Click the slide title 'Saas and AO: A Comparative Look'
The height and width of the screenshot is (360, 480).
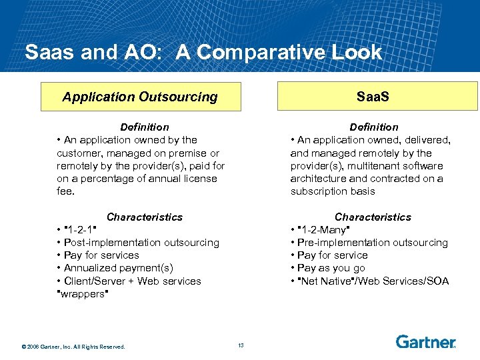[x=203, y=52]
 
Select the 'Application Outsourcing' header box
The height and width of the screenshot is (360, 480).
[x=140, y=97]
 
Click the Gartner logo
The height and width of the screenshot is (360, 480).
[x=425, y=342]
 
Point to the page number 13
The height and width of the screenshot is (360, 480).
[x=241, y=345]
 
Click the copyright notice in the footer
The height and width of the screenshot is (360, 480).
[x=73, y=345]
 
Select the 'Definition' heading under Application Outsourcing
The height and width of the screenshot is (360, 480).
[x=144, y=127]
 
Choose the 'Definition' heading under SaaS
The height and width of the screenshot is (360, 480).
[x=373, y=127]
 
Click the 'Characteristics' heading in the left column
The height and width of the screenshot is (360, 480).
[x=144, y=217]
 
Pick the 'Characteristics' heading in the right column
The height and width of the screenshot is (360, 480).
[x=373, y=217]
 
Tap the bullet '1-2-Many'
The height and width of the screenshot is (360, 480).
[x=323, y=230]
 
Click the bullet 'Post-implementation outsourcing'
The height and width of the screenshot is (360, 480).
[x=141, y=243]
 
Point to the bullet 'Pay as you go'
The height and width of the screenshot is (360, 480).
[x=331, y=268]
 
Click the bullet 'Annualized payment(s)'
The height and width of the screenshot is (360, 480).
[x=118, y=268]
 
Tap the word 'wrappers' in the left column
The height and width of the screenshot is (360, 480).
[x=83, y=294]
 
